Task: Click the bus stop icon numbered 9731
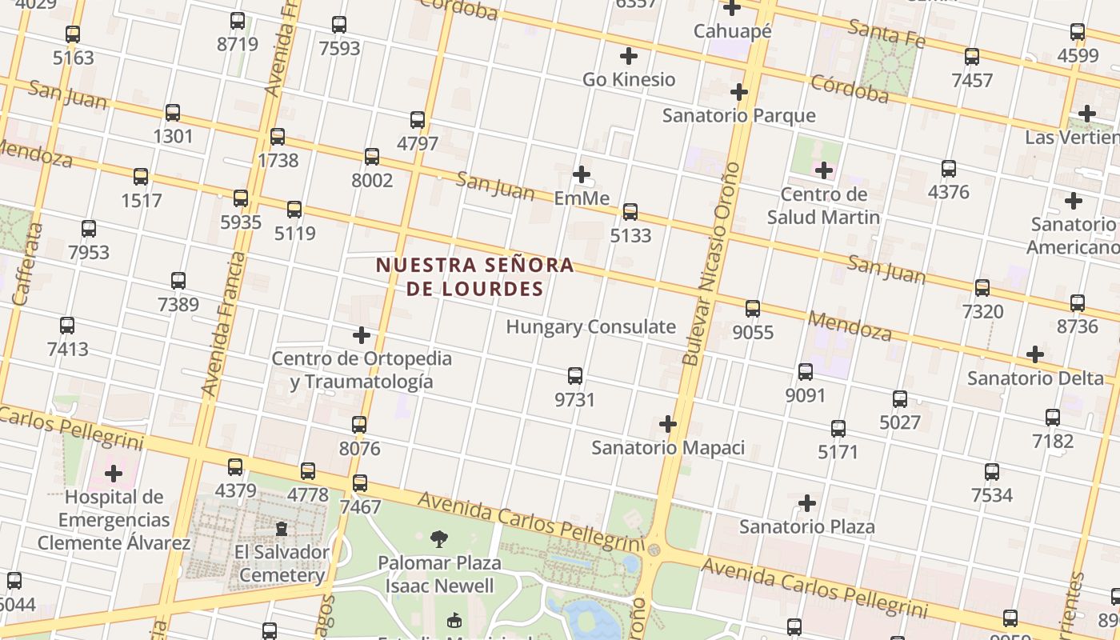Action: click(x=574, y=375)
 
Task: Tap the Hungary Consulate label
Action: click(x=590, y=326)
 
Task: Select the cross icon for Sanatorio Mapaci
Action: click(x=668, y=423)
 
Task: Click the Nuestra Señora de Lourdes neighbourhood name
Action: click(x=475, y=277)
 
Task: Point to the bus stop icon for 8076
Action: click(x=359, y=424)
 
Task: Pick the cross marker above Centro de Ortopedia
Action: click(x=362, y=334)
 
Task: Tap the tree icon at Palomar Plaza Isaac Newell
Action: click(x=438, y=539)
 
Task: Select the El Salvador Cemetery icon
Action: click(x=281, y=529)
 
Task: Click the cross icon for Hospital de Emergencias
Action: click(x=114, y=473)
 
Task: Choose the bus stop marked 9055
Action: click(x=752, y=308)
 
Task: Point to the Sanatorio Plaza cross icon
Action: click(x=807, y=503)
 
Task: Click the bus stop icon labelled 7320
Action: click(x=982, y=287)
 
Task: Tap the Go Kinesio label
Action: click(x=629, y=79)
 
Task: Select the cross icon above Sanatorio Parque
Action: click(x=738, y=92)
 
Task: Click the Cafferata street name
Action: click(x=28, y=264)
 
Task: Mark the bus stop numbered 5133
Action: click(x=630, y=212)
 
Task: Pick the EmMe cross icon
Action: click(x=582, y=174)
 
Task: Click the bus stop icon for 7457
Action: click(x=971, y=57)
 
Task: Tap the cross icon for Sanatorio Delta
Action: click(x=1035, y=354)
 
